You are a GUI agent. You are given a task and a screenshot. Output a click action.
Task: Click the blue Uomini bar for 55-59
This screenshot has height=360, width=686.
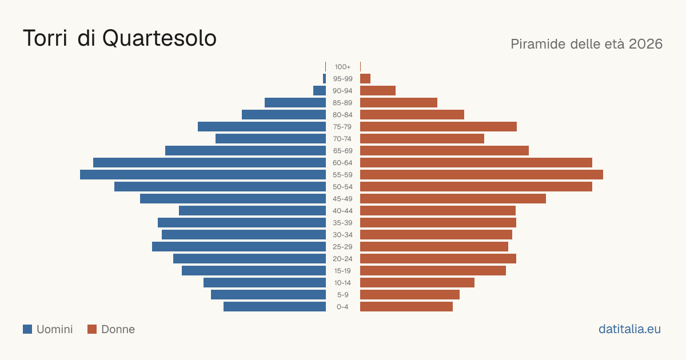[x=203, y=174]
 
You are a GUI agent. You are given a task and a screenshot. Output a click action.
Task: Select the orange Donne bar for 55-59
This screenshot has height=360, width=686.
[x=481, y=174]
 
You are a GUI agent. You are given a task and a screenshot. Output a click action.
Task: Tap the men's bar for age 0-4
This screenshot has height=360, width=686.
[x=275, y=307]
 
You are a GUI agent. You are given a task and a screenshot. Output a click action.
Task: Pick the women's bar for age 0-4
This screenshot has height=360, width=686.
[x=406, y=307]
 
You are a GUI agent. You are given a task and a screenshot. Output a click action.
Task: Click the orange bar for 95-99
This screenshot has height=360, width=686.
[x=365, y=79]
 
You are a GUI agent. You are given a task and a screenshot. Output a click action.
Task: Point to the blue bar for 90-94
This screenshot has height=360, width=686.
[x=320, y=91]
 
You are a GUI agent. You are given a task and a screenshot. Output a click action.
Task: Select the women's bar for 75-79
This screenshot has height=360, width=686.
[x=438, y=127]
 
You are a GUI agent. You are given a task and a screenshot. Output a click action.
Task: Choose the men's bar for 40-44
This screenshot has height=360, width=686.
[x=252, y=211]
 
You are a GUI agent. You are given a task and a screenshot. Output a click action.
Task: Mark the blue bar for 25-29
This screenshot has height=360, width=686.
[x=239, y=247]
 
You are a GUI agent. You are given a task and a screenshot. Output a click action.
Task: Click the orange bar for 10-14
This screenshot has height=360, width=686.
[x=417, y=282]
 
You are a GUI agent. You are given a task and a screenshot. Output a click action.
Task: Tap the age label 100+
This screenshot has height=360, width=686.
[x=342, y=67]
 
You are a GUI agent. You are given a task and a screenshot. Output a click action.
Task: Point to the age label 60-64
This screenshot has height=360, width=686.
[x=342, y=163]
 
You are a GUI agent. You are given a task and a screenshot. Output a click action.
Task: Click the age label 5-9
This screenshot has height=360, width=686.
[x=342, y=295]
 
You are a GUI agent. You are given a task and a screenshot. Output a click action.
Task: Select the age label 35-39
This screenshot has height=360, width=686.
[x=342, y=223]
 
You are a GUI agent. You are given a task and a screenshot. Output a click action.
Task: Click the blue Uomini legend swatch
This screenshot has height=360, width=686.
[x=27, y=329]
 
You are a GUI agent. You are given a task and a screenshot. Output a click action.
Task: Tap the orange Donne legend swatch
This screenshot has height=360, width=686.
[x=92, y=329]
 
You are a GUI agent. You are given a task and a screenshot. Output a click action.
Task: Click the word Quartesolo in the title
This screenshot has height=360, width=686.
[x=159, y=39]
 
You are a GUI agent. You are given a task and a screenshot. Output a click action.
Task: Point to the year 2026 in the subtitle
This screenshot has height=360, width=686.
[x=645, y=44]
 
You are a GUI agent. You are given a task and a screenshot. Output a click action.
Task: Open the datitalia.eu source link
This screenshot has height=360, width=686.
[x=629, y=329]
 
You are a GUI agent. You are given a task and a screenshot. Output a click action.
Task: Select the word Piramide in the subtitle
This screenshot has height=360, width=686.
[x=538, y=44]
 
